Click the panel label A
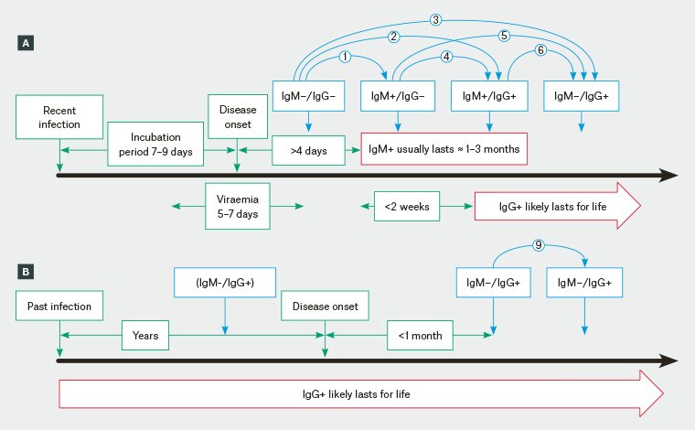[x=26, y=42]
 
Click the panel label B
[x=26, y=272]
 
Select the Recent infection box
[x=59, y=117]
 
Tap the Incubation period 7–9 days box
[x=155, y=145]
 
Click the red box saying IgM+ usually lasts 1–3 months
[x=444, y=148]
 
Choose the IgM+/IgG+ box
[x=488, y=95]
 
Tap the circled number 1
[x=345, y=57]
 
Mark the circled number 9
[x=540, y=245]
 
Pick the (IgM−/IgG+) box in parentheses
[x=224, y=283]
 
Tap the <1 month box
[x=420, y=336]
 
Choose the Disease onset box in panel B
[x=325, y=306]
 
